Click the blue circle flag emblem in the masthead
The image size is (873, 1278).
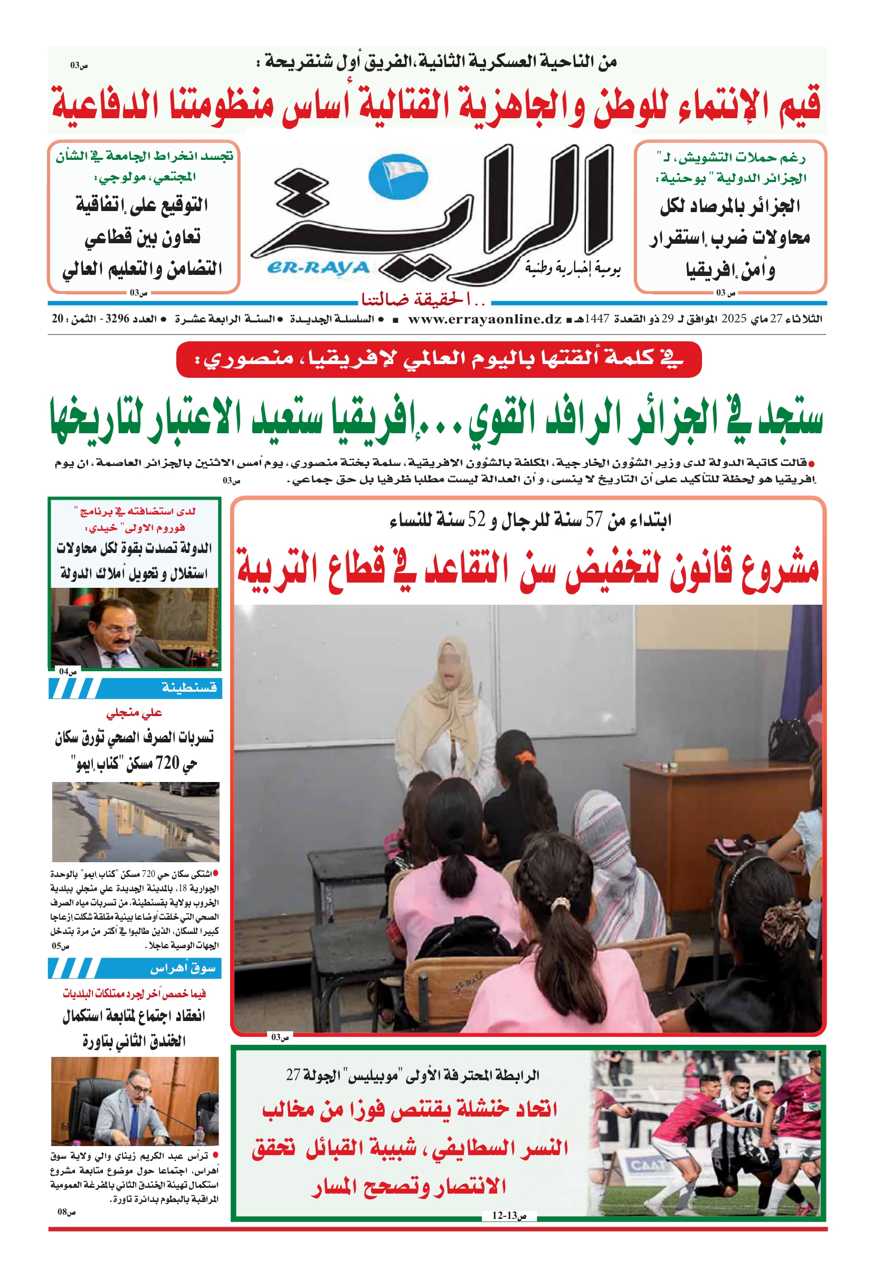pos(397,176)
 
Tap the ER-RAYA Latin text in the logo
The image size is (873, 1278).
pos(318,268)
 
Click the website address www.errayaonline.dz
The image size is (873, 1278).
pos(485,319)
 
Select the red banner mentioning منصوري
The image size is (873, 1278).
pos(439,360)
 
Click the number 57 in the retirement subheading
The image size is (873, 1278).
pos(594,520)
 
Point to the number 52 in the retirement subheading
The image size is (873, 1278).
pos(477,520)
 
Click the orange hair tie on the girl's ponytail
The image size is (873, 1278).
pos(525,757)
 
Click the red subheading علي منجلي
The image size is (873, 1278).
pos(134,713)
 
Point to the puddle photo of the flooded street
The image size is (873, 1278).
pos(135,822)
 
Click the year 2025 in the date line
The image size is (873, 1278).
pos(734,319)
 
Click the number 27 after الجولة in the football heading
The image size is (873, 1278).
pos(293,1075)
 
